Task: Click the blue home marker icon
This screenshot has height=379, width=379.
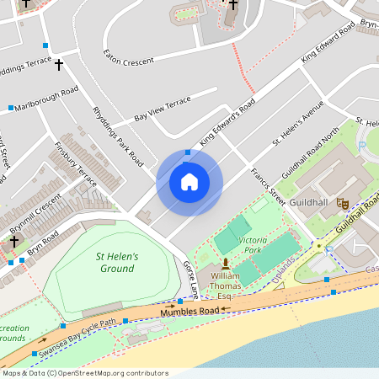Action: (189, 182)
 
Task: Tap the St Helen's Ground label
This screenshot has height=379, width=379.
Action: (116, 262)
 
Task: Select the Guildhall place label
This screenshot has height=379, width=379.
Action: (308, 204)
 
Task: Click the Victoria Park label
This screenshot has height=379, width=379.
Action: (253, 245)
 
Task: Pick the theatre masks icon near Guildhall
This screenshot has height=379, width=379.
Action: (342, 203)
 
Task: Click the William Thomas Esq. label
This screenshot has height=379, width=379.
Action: (225, 286)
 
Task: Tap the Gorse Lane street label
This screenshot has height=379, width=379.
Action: (191, 278)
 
